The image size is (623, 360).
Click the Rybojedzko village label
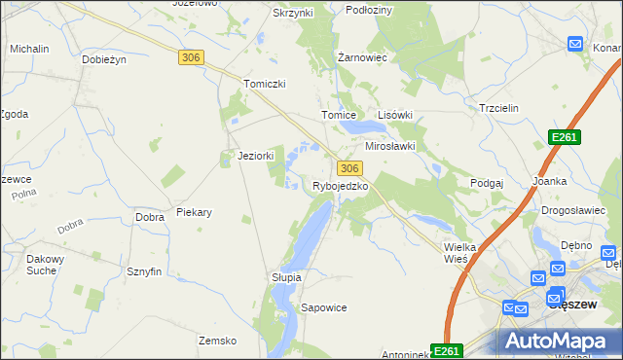(x=339, y=186)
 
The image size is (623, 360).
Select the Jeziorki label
(x=256, y=155)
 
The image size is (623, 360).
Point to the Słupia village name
(x=286, y=277)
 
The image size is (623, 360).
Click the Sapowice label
(x=323, y=307)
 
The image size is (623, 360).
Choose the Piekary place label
(x=194, y=211)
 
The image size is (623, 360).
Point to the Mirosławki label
(x=389, y=146)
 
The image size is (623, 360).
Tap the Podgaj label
(x=486, y=183)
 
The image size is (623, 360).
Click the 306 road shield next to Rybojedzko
(x=351, y=168)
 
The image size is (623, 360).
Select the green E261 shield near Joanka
(x=564, y=138)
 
